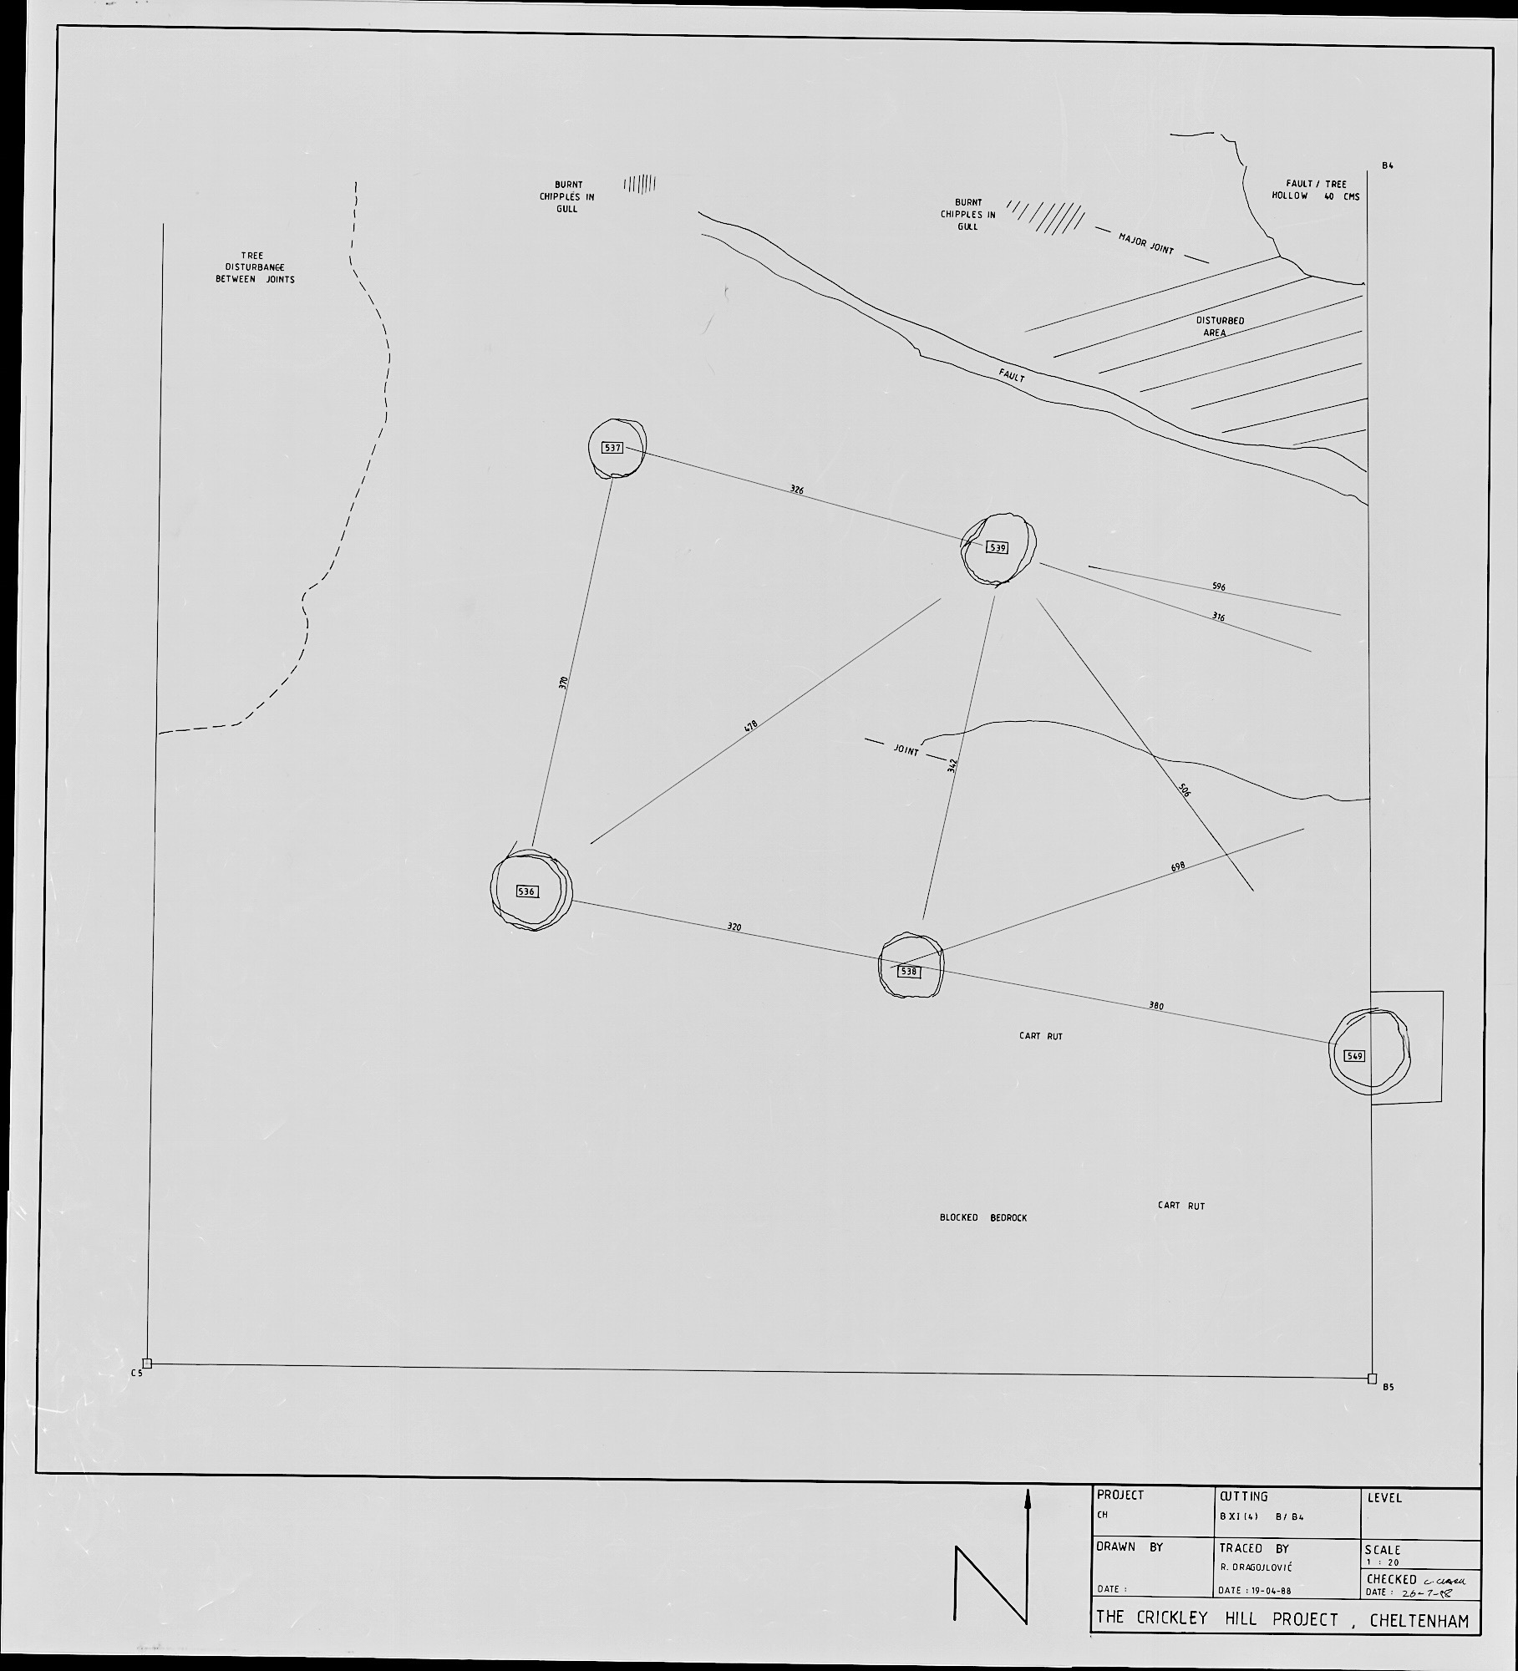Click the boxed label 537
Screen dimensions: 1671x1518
(612, 448)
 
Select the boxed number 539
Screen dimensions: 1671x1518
(997, 548)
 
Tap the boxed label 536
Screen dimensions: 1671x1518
(526, 891)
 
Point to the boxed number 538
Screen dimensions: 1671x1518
(909, 972)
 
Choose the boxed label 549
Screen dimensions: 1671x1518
(1353, 1056)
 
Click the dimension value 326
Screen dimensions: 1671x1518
(796, 490)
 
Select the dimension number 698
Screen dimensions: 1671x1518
(1178, 867)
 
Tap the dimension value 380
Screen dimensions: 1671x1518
(1156, 1006)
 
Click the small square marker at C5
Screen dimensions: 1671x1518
(147, 1364)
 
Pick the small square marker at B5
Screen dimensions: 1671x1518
(1372, 1379)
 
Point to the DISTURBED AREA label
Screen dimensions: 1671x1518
(1219, 327)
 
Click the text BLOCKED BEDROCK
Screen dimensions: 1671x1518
(982, 1218)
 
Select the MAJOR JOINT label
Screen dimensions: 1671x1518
(1146, 244)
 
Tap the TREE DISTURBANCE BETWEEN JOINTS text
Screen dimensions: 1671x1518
(255, 267)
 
